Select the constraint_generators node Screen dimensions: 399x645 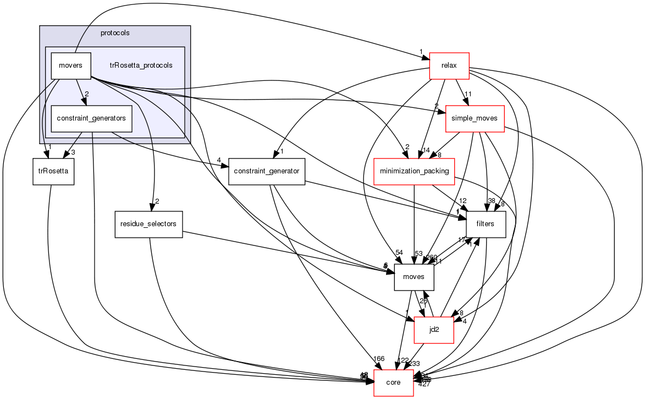click(x=91, y=118)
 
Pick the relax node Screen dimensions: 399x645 click(x=449, y=66)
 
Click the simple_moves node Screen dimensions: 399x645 click(x=475, y=119)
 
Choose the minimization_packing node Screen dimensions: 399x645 click(x=414, y=171)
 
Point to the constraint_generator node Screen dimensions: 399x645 click(x=266, y=171)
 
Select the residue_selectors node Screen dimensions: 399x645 click(x=148, y=224)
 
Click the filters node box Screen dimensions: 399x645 click(x=486, y=224)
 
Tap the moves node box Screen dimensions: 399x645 click(x=414, y=277)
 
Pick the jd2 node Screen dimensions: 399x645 click(x=433, y=330)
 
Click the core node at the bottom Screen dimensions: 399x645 click(x=394, y=382)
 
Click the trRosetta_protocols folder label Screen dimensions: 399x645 click(x=141, y=65)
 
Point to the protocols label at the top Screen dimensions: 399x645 click(x=115, y=32)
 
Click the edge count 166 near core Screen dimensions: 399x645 click(x=378, y=359)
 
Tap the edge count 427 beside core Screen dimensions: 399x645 click(x=424, y=384)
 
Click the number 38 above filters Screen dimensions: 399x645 click(x=491, y=201)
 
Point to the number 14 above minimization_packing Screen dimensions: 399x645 click(x=425, y=150)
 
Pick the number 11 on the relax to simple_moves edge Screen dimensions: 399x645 click(x=468, y=94)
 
